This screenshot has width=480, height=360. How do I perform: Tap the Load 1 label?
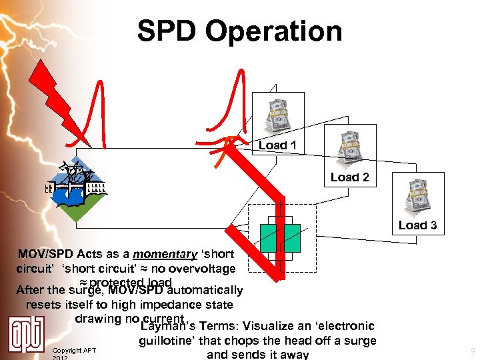(x=277, y=145)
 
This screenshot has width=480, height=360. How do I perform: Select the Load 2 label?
(x=349, y=177)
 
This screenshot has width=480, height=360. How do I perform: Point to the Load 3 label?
(x=417, y=225)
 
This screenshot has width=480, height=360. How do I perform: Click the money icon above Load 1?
(x=277, y=115)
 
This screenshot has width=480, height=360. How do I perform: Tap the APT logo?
(x=27, y=334)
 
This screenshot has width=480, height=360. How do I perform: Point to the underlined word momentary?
(x=165, y=254)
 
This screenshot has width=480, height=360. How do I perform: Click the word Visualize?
(x=274, y=326)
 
